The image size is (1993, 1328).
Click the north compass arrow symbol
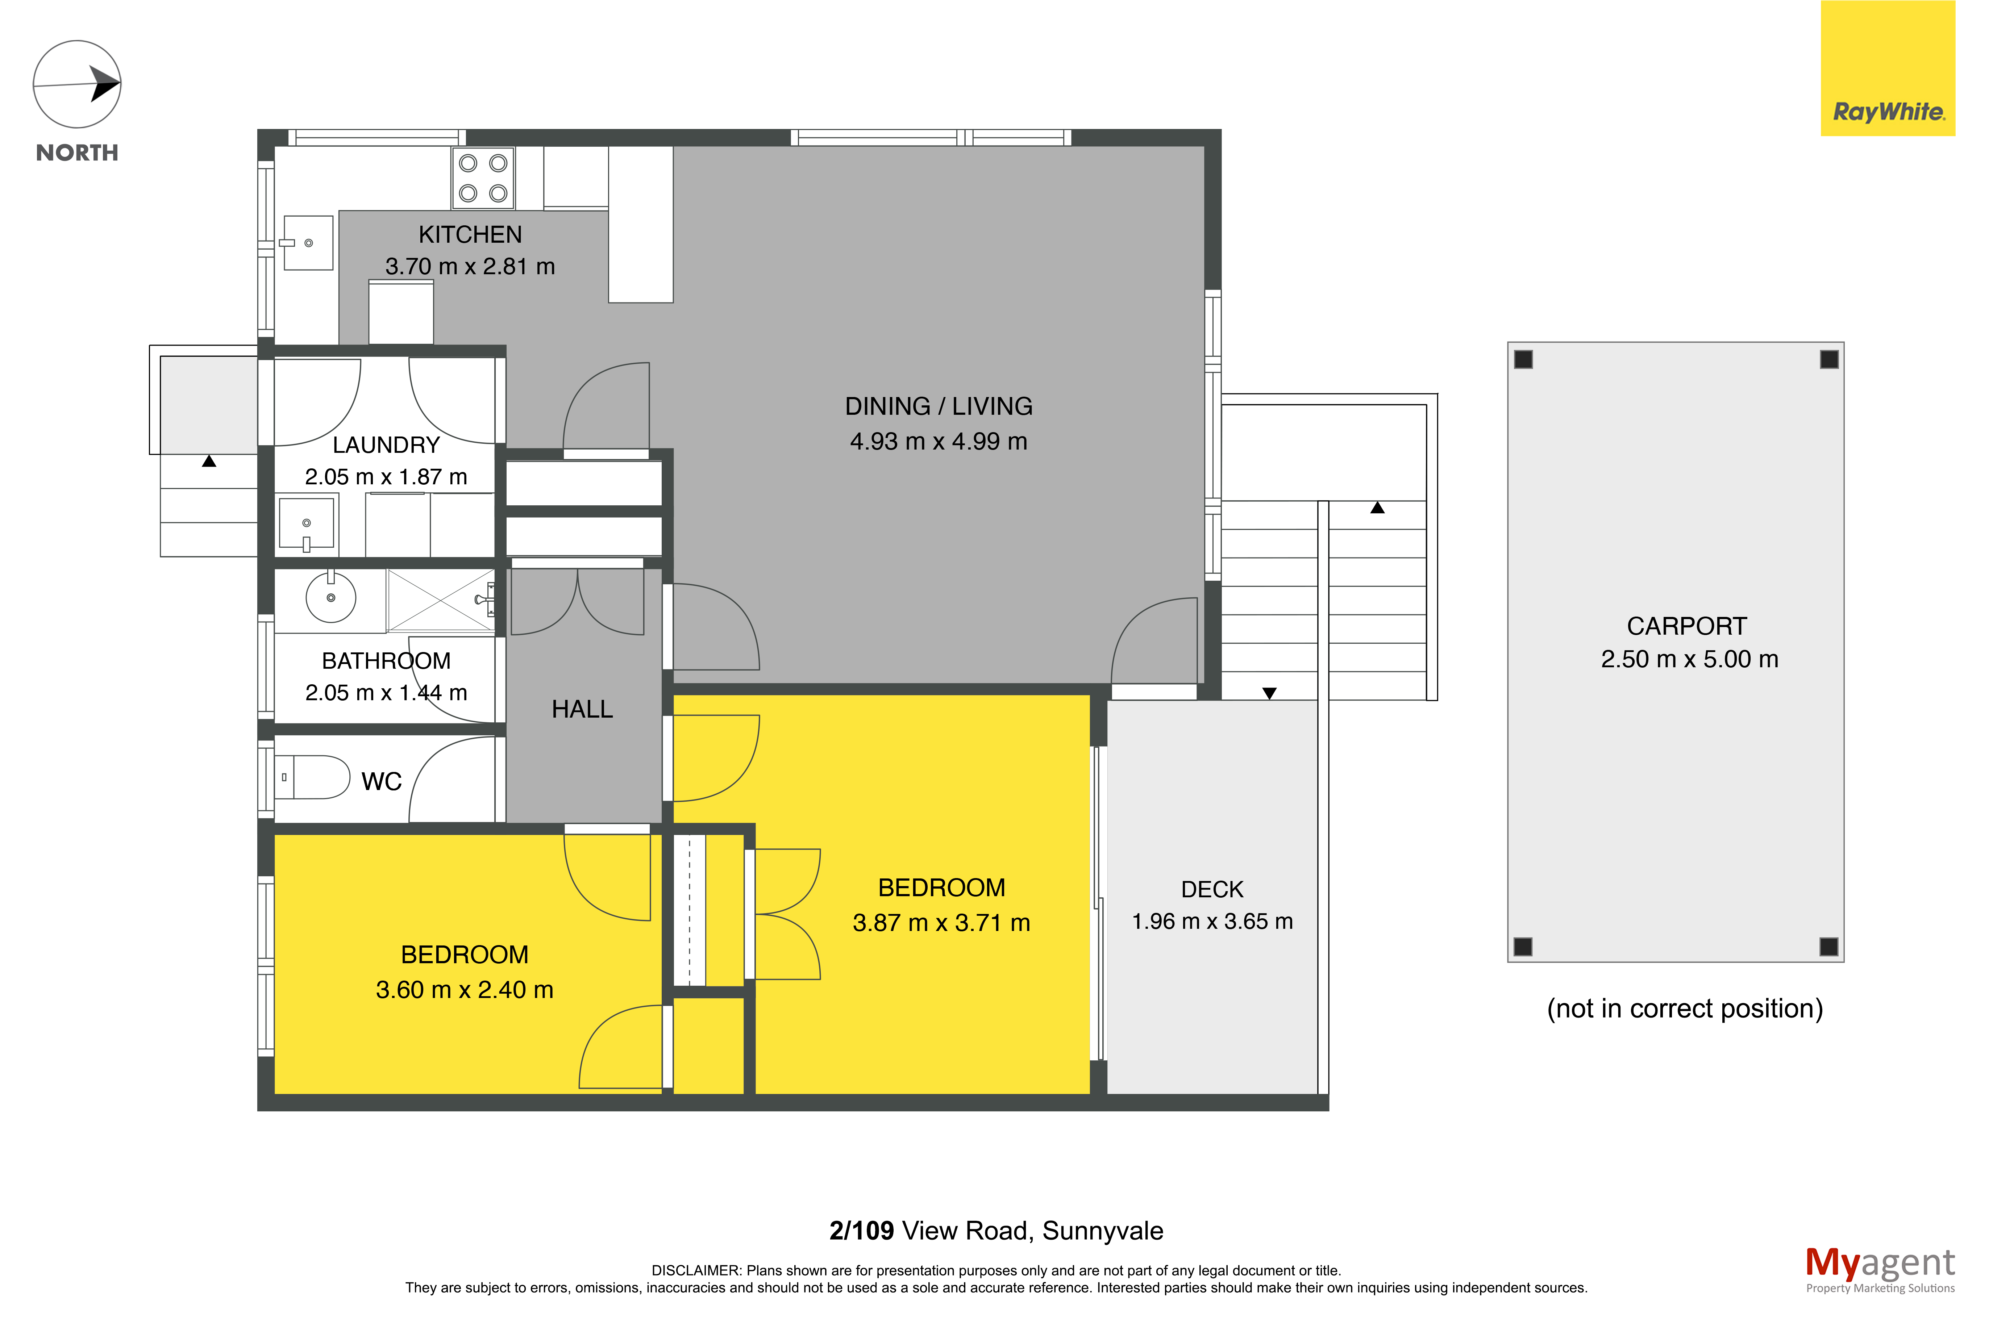[77, 85]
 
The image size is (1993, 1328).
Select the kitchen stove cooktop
[483, 178]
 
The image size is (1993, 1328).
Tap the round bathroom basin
[330, 597]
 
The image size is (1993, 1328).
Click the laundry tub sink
[307, 523]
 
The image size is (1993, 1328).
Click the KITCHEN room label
[470, 235]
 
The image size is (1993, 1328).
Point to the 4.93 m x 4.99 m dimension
[939, 441]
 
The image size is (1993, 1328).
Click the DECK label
[1212, 889]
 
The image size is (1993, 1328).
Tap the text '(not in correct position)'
[1685, 1009]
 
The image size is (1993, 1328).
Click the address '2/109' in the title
[861, 1231]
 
